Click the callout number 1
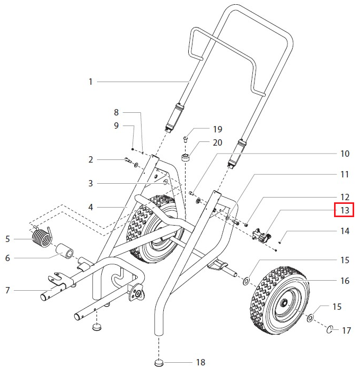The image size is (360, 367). click(x=91, y=82)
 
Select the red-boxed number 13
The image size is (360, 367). click(x=345, y=210)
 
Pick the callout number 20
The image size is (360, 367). click(x=203, y=143)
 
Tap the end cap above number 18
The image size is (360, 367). click(x=159, y=362)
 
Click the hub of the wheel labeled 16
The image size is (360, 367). click(x=284, y=303)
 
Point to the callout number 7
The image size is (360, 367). click(x=7, y=290)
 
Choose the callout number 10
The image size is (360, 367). click(x=345, y=154)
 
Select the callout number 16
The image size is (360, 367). click(x=345, y=281)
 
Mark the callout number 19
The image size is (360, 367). click(x=203, y=129)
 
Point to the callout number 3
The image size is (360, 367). click(x=91, y=183)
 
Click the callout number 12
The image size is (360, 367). click(x=345, y=196)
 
